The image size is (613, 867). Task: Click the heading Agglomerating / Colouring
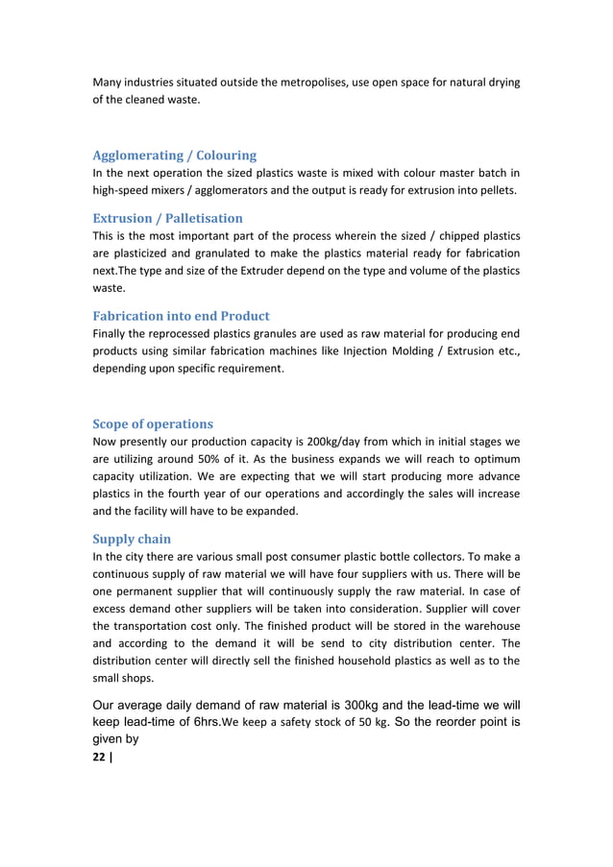pyautogui.click(x=174, y=156)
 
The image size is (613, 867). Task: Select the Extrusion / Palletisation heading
pyautogui.click(x=167, y=218)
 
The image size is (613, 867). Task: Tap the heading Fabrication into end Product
pyautogui.click(x=181, y=316)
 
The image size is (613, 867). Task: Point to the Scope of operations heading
pyautogui.click(x=153, y=423)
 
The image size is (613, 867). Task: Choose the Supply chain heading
pyautogui.click(x=132, y=540)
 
